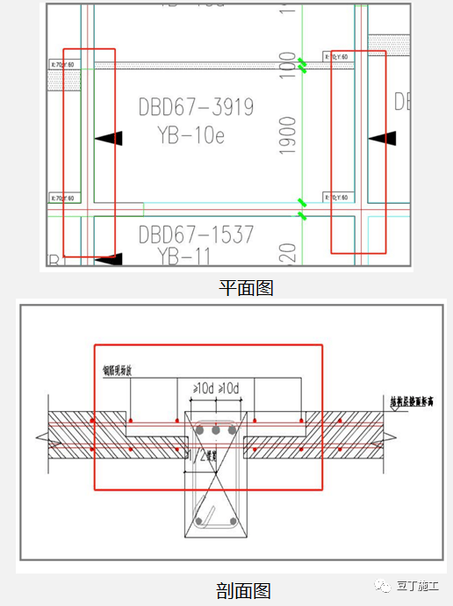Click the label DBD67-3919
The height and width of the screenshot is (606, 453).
(x=196, y=107)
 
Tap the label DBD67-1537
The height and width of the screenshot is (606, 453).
(x=196, y=234)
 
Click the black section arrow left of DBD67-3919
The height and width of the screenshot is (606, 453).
(x=110, y=138)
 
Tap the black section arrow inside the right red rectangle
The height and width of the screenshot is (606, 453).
(x=383, y=138)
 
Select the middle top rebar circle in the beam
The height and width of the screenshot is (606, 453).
(x=215, y=431)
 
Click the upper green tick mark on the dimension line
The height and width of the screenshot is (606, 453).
(x=302, y=64)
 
